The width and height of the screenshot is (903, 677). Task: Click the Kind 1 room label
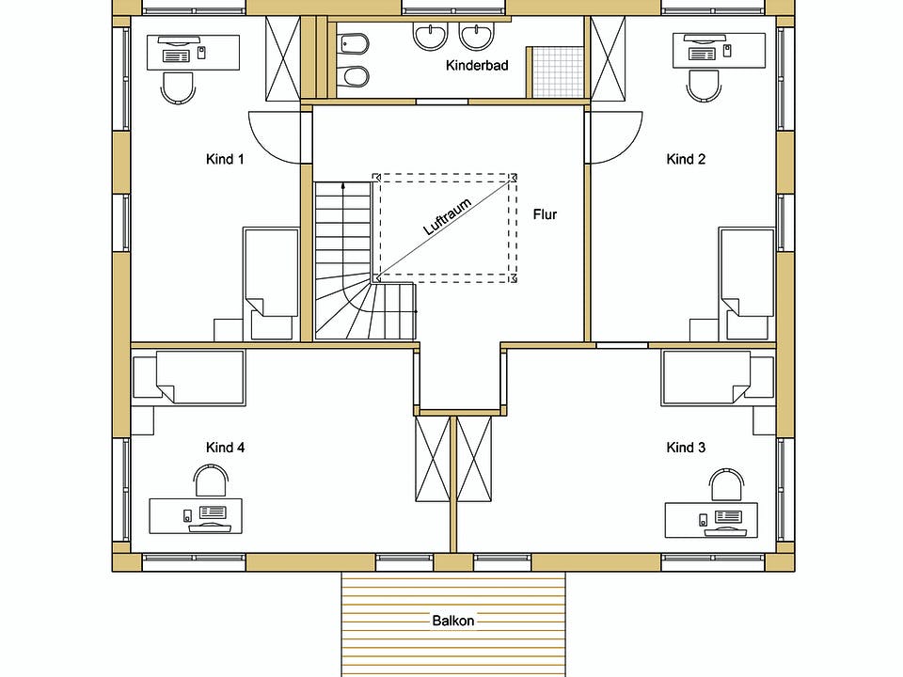click(x=225, y=159)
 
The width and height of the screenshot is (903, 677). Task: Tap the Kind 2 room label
click(x=686, y=159)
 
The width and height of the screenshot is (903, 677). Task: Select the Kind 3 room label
click(x=686, y=448)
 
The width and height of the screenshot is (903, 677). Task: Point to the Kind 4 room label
click(x=225, y=448)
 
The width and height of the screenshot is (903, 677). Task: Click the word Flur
click(x=545, y=214)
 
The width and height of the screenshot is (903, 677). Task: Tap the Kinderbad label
click(x=477, y=66)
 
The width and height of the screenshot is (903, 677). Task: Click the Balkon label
click(x=453, y=621)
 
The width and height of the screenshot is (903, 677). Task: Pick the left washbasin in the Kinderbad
click(x=430, y=37)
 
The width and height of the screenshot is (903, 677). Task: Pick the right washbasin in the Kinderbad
click(x=477, y=37)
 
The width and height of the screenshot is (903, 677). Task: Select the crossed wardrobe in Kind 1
click(x=282, y=57)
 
